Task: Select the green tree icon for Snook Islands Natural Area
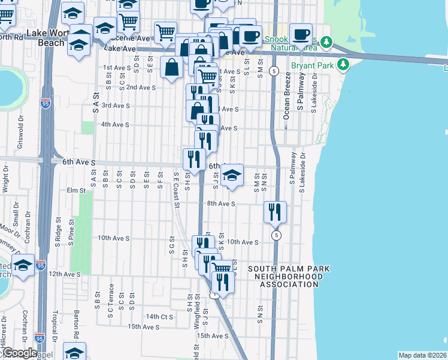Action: click(x=326, y=42)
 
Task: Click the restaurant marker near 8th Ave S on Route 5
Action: click(x=275, y=212)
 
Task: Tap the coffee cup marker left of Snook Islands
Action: click(x=301, y=34)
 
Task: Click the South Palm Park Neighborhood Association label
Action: click(x=285, y=277)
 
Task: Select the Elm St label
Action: click(x=77, y=191)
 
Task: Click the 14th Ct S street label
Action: click(x=159, y=316)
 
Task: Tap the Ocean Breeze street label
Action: click(x=287, y=96)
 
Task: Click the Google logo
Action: click(x=19, y=353)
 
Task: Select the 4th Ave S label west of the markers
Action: click(x=115, y=124)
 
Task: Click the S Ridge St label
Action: click(x=58, y=229)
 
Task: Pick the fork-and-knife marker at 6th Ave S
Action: click(x=193, y=159)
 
